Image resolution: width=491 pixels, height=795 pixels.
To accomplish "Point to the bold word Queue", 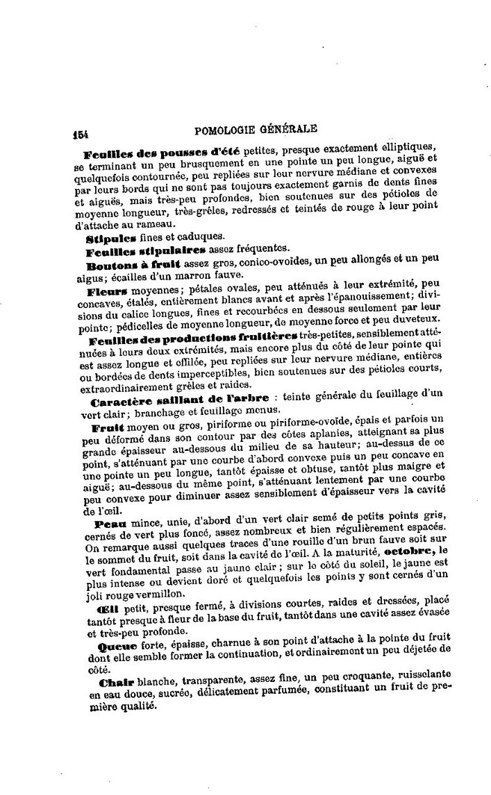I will (109, 645).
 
